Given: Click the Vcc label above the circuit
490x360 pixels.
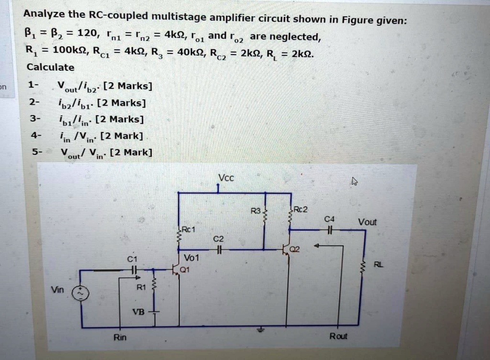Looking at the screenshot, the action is pyautogui.click(x=226, y=178).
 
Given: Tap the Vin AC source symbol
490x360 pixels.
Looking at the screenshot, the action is pyautogui.click(x=81, y=294).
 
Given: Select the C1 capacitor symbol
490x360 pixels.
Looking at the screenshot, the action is pyautogui.click(x=134, y=270).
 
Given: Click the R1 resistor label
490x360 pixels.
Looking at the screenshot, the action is pyautogui.click(x=141, y=287).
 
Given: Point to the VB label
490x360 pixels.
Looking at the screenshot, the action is pyautogui.click(x=138, y=312).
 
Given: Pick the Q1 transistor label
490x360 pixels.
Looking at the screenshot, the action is pyautogui.click(x=185, y=270).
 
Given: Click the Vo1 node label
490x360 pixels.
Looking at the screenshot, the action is pyautogui.click(x=191, y=258).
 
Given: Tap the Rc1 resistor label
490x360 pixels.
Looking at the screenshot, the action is pyautogui.click(x=189, y=229).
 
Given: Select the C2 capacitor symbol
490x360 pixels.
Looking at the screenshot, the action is pyautogui.click(x=219, y=250).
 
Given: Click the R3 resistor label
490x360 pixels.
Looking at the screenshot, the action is pyautogui.click(x=256, y=211).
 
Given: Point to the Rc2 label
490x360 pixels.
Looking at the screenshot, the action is pyautogui.click(x=301, y=209).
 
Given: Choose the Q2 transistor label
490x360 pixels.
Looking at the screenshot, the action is pyautogui.click(x=295, y=249).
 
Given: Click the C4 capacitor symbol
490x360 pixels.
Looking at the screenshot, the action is pyautogui.click(x=329, y=230).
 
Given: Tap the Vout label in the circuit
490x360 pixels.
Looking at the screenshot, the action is pyautogui.click(x=367, y=222).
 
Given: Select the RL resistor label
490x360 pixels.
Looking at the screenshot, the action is pyautogui.click(x=378, y=265).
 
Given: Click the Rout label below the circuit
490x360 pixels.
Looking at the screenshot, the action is pyautogui.click(x=338, y=336).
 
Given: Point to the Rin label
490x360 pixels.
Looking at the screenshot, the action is pyautogui.click(x=120, y=337).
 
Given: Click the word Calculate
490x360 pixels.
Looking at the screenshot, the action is pyautogui.click(x=50, y=67).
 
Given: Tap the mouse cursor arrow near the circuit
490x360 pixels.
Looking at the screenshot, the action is pyautogui.click(x=354, y=181).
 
